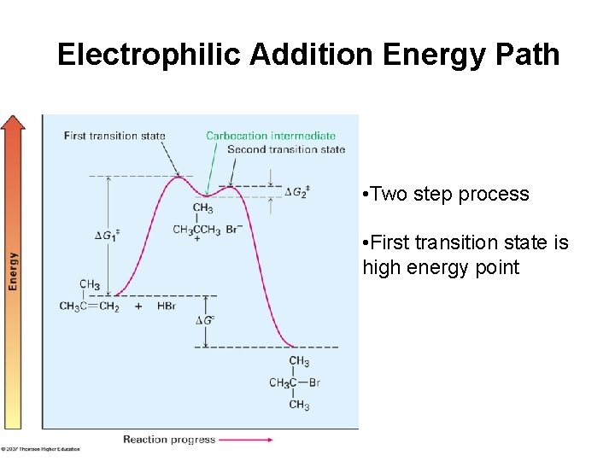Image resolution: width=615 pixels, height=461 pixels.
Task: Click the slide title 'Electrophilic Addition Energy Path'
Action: (308, 55)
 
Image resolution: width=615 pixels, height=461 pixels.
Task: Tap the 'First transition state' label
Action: (114, 136)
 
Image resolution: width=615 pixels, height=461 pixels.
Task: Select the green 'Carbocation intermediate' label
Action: (271, 136)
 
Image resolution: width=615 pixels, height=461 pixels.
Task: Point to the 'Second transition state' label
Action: (286, 149)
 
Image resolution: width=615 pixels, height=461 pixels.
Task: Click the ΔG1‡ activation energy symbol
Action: (107, 234)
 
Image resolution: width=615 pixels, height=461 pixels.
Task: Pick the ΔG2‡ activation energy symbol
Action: (296, 191)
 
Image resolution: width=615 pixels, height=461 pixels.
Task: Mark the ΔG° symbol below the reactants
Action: (204, 320)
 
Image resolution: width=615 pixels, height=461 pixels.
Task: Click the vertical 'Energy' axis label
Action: (13, 271)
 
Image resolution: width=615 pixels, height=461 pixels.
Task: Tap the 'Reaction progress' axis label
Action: (169, 440)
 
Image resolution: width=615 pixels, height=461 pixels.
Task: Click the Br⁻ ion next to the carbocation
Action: (232, 229)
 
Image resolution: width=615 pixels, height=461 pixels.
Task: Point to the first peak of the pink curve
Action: (179, 178)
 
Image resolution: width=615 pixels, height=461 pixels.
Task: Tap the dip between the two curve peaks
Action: (205, 195)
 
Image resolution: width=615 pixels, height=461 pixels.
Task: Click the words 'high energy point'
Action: (441, 267)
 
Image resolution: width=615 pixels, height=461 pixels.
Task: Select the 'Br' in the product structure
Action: (314, 382)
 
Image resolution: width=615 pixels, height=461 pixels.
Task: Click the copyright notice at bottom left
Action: (40, 448)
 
